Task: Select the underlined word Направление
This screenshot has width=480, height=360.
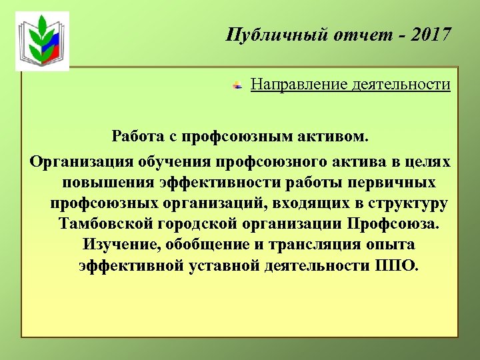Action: click(298, 85)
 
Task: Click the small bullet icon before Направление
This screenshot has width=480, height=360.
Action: click(237, 86)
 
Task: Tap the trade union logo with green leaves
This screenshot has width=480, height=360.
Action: click(43, 41)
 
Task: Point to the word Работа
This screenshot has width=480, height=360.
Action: click(139, 137)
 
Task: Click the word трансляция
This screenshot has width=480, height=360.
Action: click(305, 245)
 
